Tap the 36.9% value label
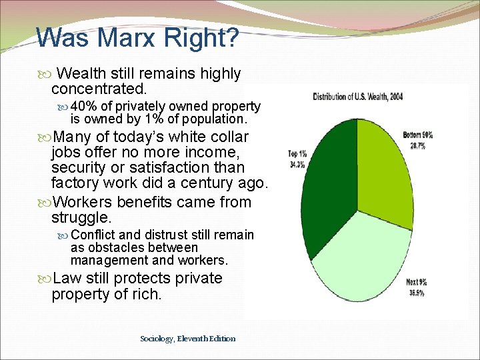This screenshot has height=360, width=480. [x=417, y=291]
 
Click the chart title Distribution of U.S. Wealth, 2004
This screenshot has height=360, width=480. [x=358, y=96]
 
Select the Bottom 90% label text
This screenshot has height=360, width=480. [x=418, y=135]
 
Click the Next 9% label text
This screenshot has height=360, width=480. [x=417, y=283]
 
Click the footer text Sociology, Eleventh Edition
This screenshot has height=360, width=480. [x=188, y=339]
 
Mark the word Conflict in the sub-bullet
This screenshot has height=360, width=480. [x=93, y=235]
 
